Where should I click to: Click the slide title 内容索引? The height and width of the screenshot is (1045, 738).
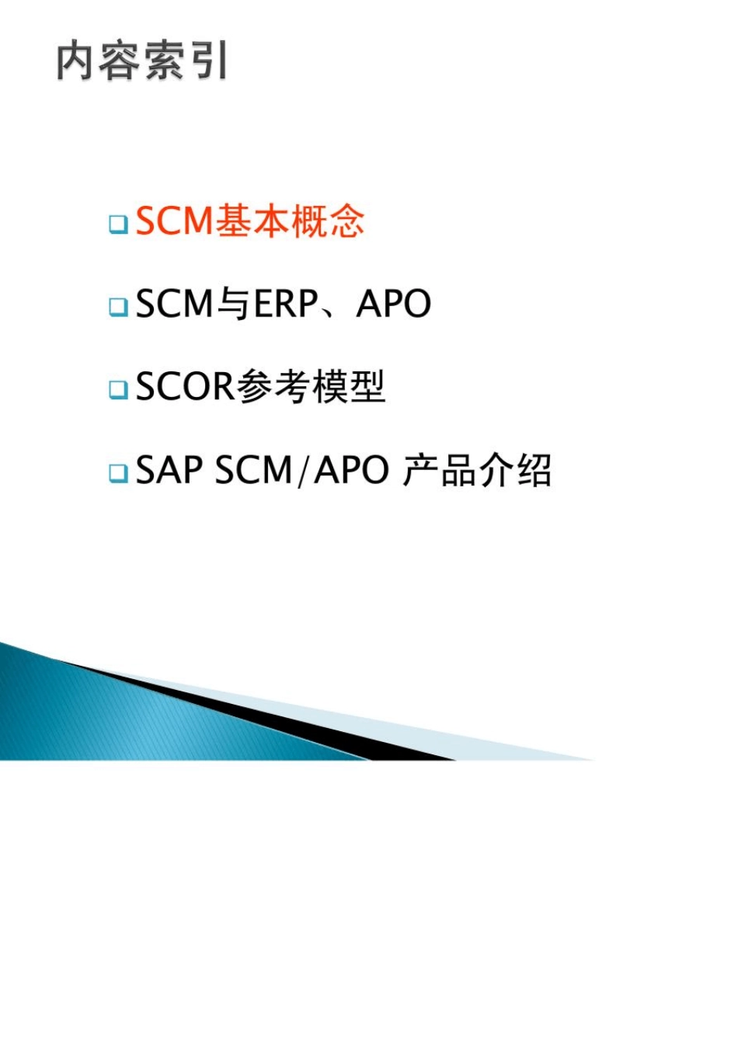point(142,61)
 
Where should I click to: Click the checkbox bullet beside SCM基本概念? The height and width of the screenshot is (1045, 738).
point(118,225)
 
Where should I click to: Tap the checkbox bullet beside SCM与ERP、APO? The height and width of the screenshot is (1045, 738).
point(118,307)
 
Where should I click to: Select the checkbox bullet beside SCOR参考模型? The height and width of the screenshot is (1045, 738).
point(118,389)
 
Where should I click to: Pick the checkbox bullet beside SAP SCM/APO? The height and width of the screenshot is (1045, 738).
point(118,472)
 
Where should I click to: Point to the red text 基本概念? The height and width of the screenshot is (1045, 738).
point(290,221)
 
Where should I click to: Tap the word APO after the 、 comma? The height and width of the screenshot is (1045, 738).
point(393,304)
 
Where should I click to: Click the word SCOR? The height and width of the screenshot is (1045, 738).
point(185,386)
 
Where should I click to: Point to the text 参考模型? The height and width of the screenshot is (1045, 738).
point(311,386)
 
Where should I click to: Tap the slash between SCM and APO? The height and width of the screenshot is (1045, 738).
point(303,470)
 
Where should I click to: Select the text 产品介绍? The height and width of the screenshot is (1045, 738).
point(477,469)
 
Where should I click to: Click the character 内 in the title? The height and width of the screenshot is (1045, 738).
point(76,61)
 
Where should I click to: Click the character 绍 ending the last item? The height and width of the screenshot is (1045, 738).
point(534,469)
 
